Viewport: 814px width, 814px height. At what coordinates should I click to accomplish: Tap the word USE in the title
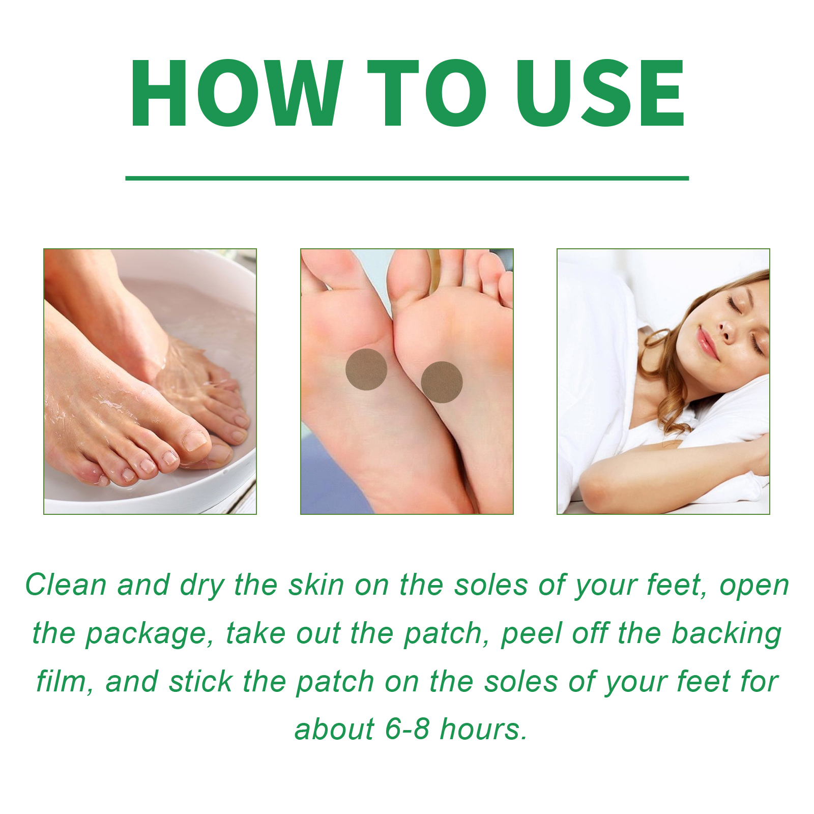601,93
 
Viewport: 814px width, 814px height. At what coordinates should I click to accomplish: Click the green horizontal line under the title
407,178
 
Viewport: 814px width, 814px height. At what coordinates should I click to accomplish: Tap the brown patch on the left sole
366,369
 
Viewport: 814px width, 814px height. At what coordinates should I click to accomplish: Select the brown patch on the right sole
442,382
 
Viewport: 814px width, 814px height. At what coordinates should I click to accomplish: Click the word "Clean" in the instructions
66,585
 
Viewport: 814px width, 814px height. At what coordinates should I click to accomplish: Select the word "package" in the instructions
145,635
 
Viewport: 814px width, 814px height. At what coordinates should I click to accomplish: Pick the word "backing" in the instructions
726,635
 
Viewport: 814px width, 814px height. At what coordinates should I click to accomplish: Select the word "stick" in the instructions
200,681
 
